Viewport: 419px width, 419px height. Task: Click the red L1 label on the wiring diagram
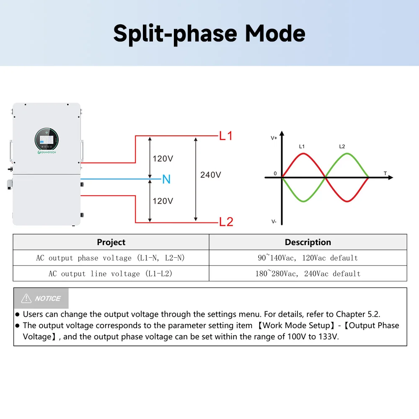point(226,136)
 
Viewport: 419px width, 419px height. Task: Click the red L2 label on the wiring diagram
point(226,222)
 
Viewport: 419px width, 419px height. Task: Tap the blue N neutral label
point(166,179)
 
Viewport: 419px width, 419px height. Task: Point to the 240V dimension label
point(210,175)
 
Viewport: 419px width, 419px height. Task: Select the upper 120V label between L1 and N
point(163,159)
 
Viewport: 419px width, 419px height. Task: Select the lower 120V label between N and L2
point(163,201)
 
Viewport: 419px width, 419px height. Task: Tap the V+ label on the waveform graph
point(274,138)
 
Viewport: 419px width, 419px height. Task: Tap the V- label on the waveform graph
point(274,221)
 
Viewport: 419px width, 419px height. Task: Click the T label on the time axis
point(385,173)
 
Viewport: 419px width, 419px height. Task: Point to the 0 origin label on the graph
point(275,173)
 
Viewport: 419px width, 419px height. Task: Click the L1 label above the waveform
point(302,147)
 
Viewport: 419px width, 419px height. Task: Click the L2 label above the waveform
point(342,147)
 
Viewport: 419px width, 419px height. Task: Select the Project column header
point(111,242)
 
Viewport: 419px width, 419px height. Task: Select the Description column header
point(308,242)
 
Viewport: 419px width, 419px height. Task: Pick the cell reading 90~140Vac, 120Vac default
point(308,258)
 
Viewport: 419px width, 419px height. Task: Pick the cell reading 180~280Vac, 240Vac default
point(308,274)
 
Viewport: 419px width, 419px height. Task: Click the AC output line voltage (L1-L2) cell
point(111,274)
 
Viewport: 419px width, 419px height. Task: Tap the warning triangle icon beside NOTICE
point(26,298)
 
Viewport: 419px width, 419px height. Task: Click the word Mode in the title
point(275,34)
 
